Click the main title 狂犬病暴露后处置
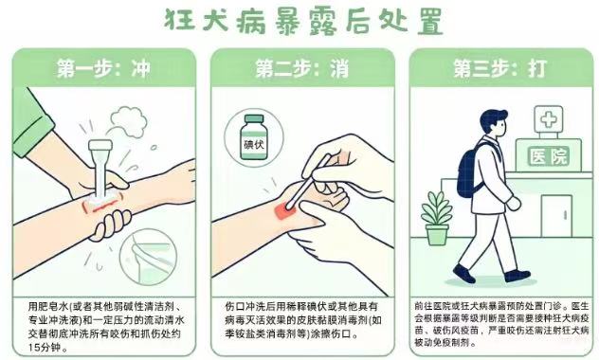[303, 21]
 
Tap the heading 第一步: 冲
[103, 69]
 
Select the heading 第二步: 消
[302, 69]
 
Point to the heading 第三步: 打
[500, 69]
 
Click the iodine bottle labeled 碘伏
[254, 137]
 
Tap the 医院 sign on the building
[549, 155]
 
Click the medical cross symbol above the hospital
[549, 119]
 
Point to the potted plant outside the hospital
[436, 218]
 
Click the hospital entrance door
[556, 216]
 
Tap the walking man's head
[493, 123]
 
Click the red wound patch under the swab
[285, 210]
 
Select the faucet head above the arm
[100, 145]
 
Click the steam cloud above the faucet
[128, 120]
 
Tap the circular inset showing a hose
[148, 258]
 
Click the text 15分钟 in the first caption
[45, 348]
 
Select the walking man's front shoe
[517, 276]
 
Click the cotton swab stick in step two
[307, 183]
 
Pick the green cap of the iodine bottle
[254, 118]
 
